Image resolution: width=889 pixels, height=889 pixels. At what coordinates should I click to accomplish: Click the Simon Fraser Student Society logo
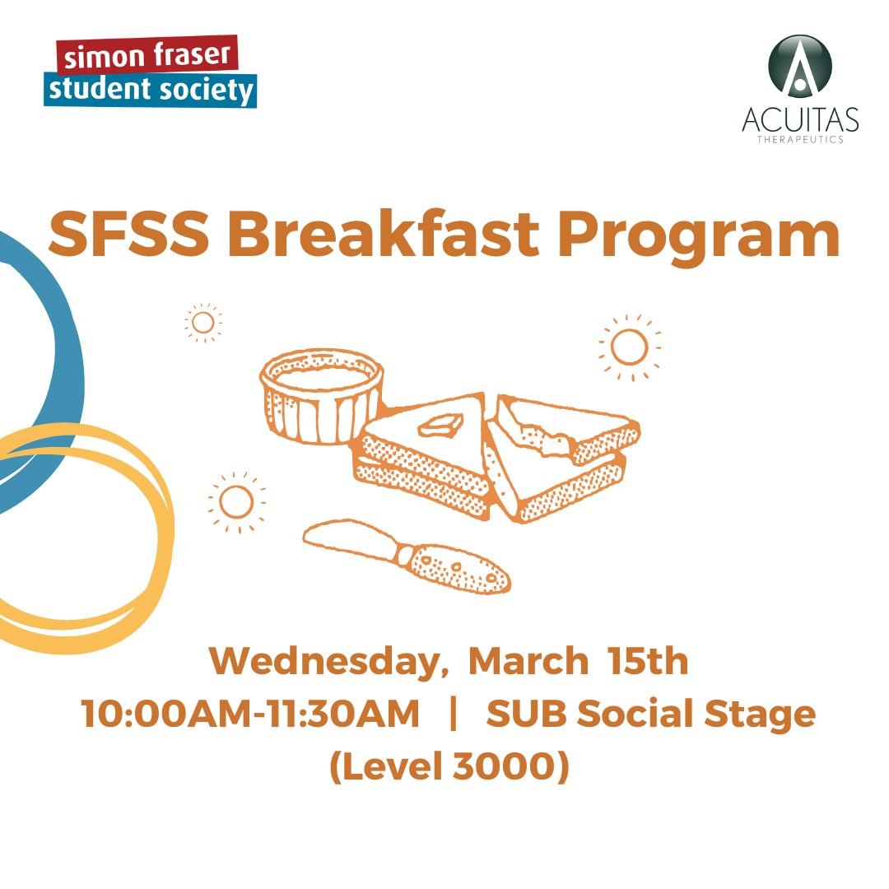tap(151, 72)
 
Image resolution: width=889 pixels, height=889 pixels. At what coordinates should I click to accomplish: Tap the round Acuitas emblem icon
tap(800, 67)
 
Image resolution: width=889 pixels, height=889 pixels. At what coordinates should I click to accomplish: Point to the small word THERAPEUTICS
tap(801, 139)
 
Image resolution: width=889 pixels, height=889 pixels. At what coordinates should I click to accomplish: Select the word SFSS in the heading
tap(129, 234)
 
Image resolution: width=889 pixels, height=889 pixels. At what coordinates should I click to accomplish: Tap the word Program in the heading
tap(699, 238)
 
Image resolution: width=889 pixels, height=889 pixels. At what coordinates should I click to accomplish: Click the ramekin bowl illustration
tap(322, 396)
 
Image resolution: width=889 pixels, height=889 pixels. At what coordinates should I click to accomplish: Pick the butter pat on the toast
tap(440, 426)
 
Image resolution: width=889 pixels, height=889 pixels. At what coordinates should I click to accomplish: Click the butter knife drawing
tap(407, 556)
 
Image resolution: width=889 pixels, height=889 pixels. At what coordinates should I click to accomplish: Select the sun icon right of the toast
tap(630, 347)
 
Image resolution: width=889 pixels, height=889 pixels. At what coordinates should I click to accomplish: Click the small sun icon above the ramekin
tap(203, 323)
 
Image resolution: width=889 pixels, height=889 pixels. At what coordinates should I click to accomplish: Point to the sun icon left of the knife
tap(236, 502)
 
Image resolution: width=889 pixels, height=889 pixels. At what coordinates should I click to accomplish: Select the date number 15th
tap(648, 661)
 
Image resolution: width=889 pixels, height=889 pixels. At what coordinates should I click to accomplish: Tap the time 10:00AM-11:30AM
tap(250, 713)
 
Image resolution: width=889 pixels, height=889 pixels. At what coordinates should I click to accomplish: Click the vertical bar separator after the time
tap(453, 714)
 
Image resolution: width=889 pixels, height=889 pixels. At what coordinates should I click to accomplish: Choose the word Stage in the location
tap(760, 715)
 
